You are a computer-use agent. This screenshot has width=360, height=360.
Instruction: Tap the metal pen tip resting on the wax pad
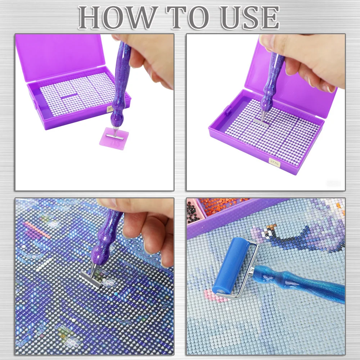tap(115, 135)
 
